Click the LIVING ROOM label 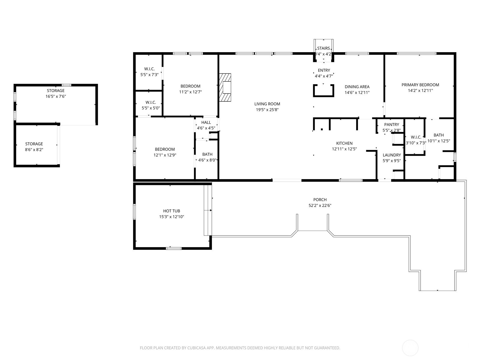pos(267,104)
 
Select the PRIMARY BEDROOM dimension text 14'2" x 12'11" pos(420,91)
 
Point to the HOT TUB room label pos(172,211)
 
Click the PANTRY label pos(391,124)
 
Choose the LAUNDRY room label pos(391,155)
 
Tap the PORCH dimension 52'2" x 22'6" pos(320,205)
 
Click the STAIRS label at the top pos(323,48)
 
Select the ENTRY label pos(324,70)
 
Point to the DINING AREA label pos(357,87)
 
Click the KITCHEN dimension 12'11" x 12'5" pos(344,149)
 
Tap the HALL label pos(206,122)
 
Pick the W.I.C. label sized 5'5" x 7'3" pos(149,69)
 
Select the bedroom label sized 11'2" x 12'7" pos(190,86)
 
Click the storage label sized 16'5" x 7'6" pos(55,91)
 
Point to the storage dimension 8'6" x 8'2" pos(34,149)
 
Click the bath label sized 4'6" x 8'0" pos(207,154)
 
